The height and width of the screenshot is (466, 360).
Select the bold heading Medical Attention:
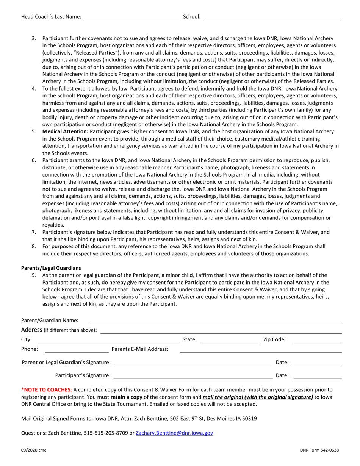(x=65, y=131)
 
